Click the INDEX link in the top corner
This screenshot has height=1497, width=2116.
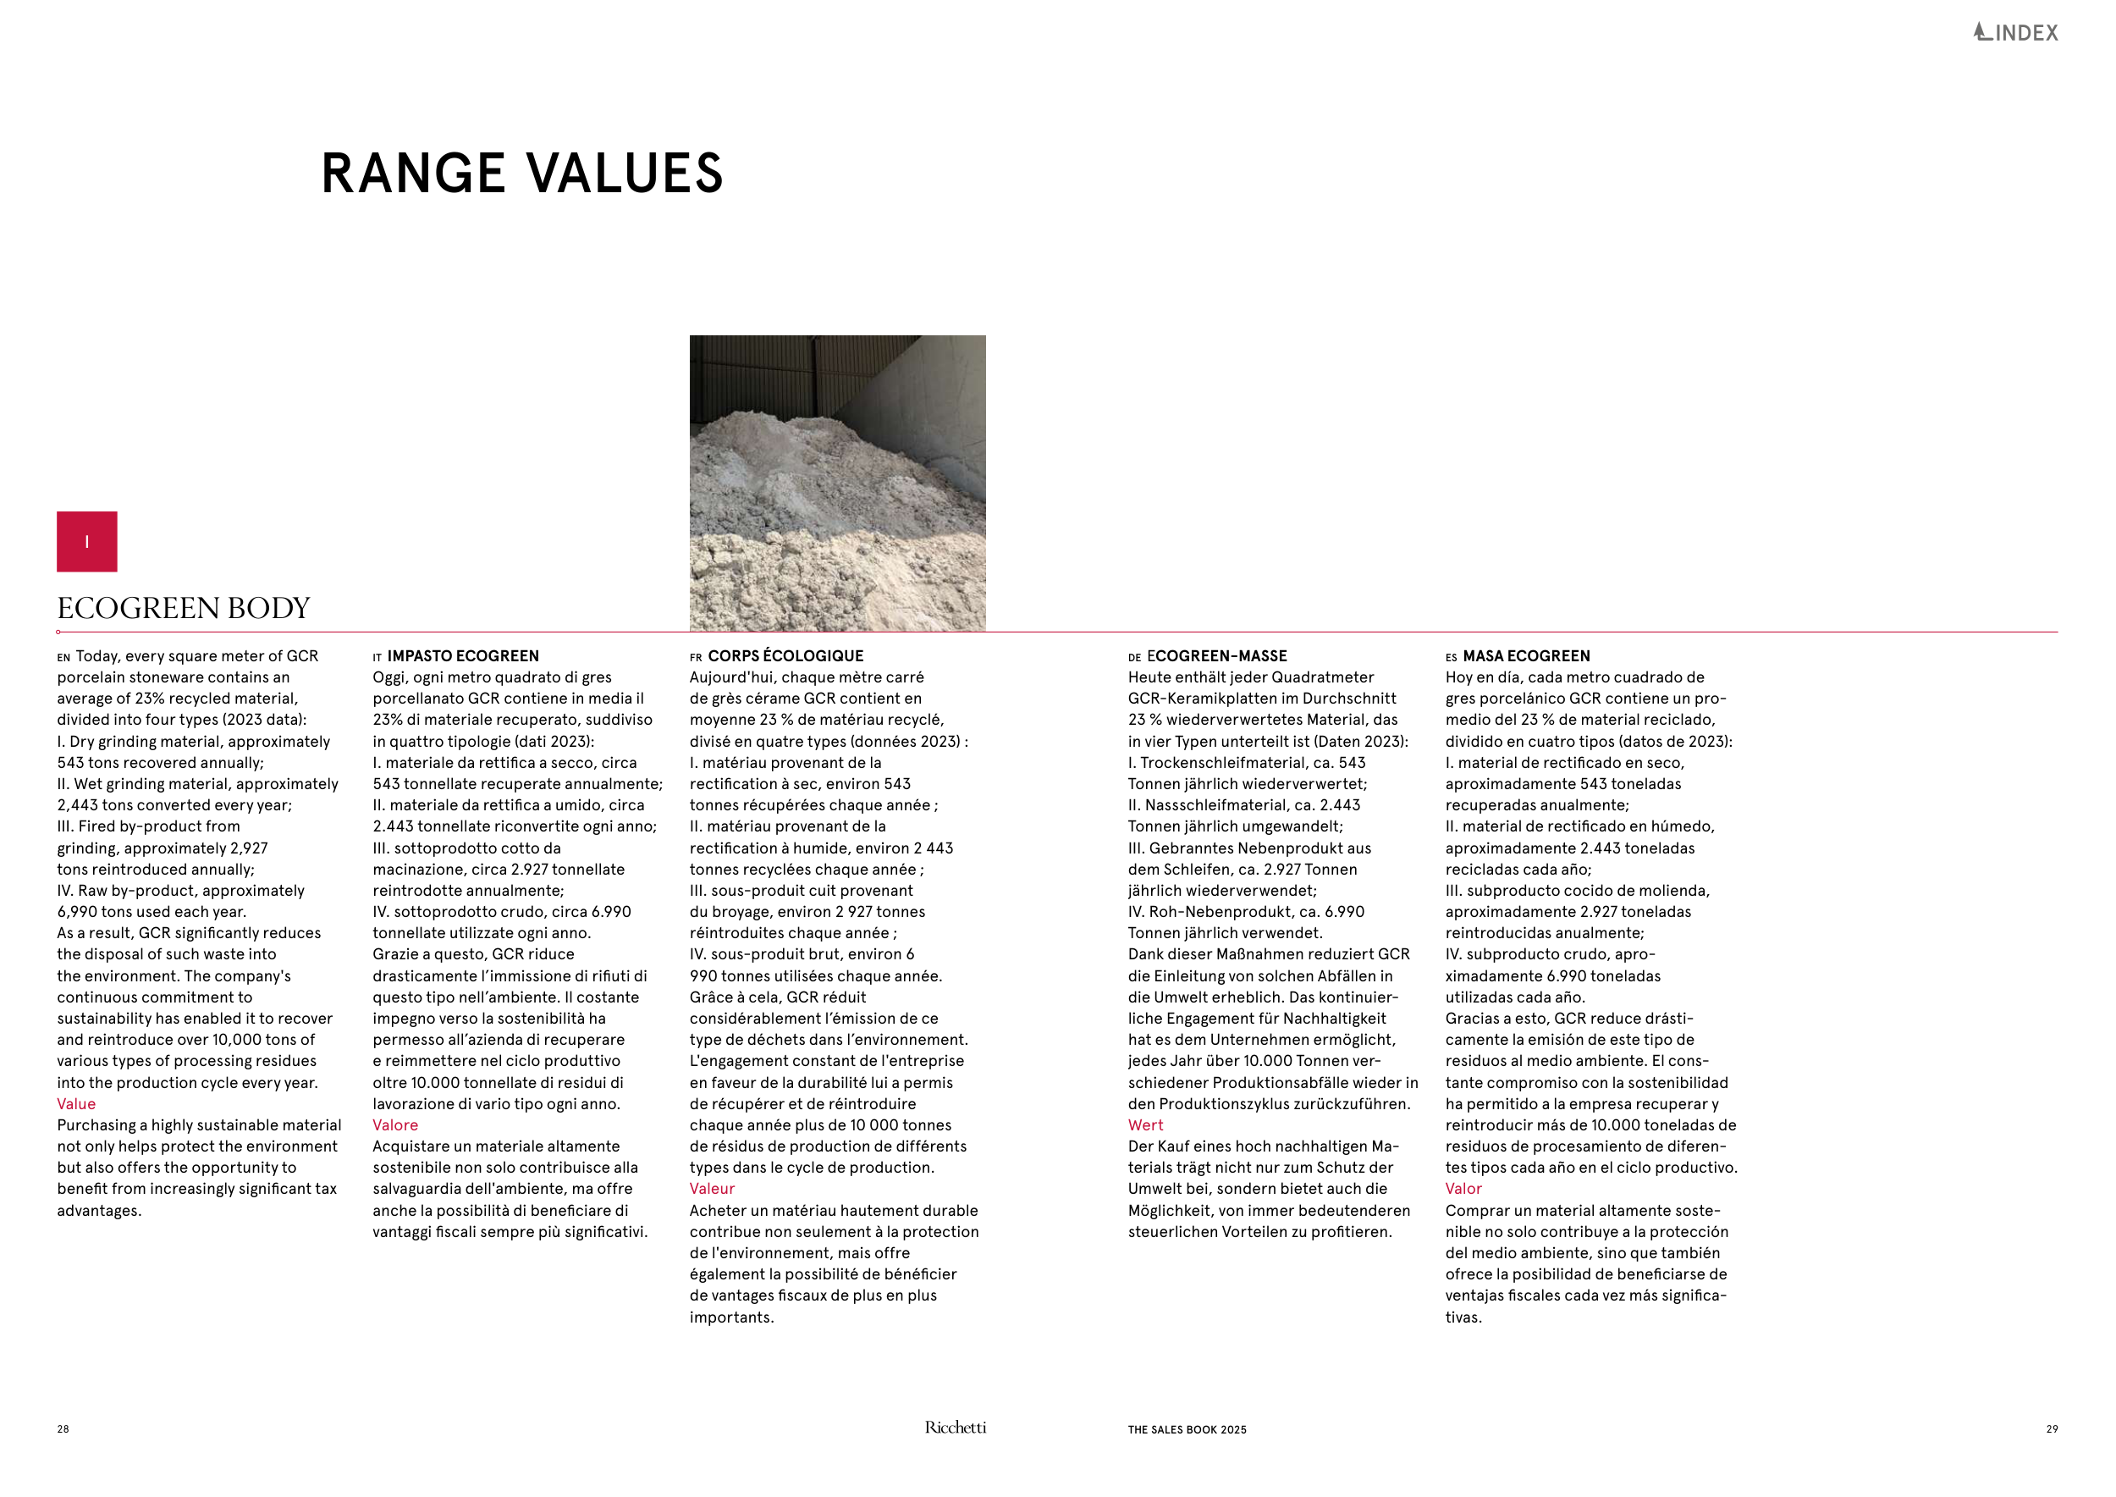[2015, 33]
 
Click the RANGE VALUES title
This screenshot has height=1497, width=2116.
[521, 174]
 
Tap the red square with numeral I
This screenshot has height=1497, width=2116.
[86, 541]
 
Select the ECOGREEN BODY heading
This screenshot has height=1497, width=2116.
[184, 609]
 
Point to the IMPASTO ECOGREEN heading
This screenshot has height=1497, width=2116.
[463, 656]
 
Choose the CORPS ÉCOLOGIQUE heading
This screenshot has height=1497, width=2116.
[785, 656]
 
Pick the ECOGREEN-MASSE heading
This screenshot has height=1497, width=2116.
[1216, 656]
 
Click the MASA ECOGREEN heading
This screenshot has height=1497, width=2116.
[1526, 656]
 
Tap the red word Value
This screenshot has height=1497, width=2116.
[76, 1104]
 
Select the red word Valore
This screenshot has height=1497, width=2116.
[395, 1125]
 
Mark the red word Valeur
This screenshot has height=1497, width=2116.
[713, 1189]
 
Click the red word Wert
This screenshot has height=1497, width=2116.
[1145, 1125]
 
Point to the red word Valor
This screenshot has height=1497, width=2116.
[1463, 1189]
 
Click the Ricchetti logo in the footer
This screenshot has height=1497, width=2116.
[955, 1428]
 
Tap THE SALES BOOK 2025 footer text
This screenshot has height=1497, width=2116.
[1187, 1430]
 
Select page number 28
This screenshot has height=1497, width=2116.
[63, 1430]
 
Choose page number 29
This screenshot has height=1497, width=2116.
[2052, 1430]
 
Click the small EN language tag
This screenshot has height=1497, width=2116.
[63, 658]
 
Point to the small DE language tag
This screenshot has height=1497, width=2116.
[1134, 658]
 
